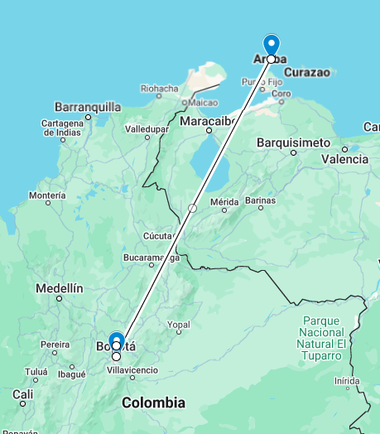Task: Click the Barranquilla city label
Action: pos(87,107)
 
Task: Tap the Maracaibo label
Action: pos(204,121)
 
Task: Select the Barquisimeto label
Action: pos(293,142)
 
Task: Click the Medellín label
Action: pos(60,288)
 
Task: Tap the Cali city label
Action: pos(22,393)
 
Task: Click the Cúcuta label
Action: pos(157,236)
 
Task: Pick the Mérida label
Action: pos(224,201)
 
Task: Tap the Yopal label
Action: pos(179,324)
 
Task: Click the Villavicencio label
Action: pos(132,369)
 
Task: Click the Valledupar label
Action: pos(147,129)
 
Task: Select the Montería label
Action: pos(46,195)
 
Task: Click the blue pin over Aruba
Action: pos(271,45)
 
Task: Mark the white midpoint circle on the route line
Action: pos(192,208)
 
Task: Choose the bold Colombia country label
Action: pos(153,403)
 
